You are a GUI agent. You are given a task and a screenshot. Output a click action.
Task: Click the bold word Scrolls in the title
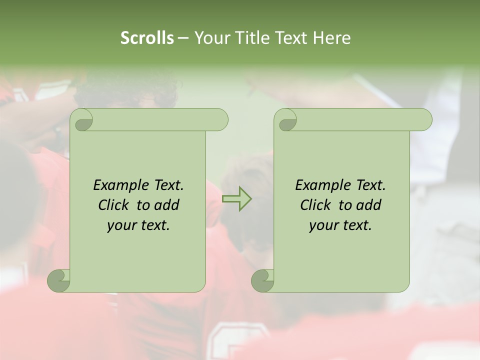(x=147, y=38)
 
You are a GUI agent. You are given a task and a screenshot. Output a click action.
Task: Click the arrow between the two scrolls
(x=236, y=199)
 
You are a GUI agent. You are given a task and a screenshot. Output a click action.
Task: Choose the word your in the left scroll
(x=121, y=225)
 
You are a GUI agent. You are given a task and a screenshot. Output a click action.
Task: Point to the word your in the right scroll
(x=323, y=225)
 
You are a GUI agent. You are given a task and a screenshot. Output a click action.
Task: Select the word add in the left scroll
(x=167, y=205)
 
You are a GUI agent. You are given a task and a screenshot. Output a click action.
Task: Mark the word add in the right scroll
(x=369, y=205)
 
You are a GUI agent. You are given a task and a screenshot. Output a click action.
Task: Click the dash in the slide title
(x=183, y=38)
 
